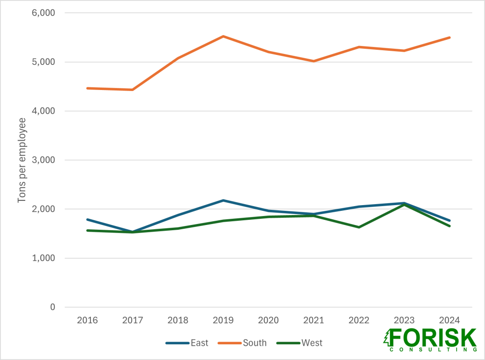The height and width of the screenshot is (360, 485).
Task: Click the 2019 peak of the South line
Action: (x=223, y=36)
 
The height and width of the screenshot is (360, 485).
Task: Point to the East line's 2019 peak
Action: (x=223, y=200)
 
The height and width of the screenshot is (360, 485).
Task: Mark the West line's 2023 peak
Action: (x=404, y=205)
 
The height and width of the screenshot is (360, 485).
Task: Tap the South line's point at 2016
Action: (x=88, y=88)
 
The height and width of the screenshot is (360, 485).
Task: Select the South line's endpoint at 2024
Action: (x=449, y=37)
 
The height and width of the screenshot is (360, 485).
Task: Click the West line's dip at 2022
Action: (x=359, y=227)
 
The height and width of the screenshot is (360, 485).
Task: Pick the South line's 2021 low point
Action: (x=314, y=61)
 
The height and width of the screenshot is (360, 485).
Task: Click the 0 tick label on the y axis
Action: (x=52, y=307)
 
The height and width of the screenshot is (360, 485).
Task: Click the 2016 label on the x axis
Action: (x=88, y=320)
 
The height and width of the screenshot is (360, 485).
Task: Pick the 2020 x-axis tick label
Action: (x=269, y=320)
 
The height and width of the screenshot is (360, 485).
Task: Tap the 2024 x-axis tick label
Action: (x=449, y=320)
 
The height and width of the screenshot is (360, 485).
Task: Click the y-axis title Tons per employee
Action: (x=22, y=160)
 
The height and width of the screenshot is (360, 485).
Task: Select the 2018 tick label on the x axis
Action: (x=178, y=320)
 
